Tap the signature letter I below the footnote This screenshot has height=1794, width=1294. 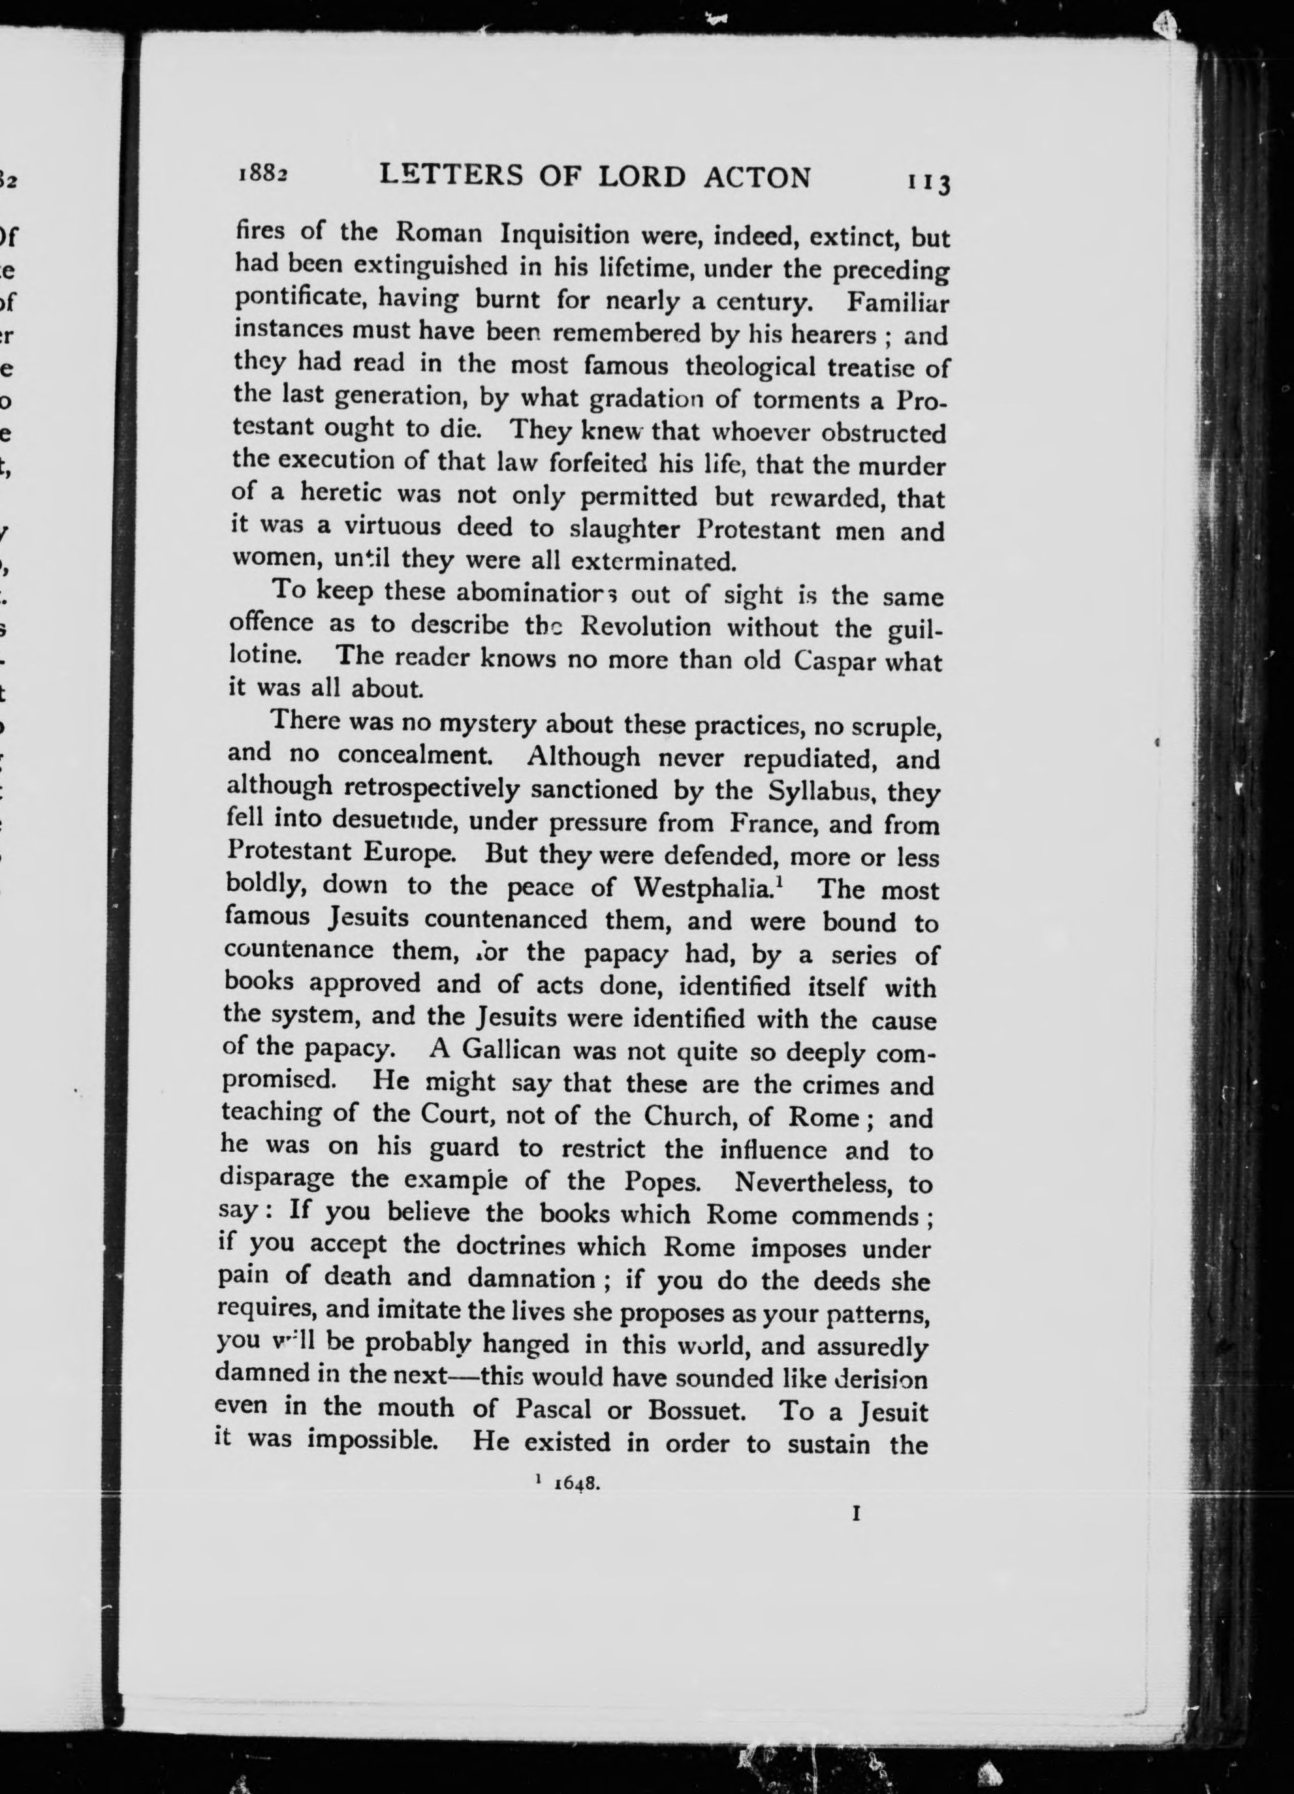pos(855,1514)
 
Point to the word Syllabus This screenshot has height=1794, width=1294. pos(824,791)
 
